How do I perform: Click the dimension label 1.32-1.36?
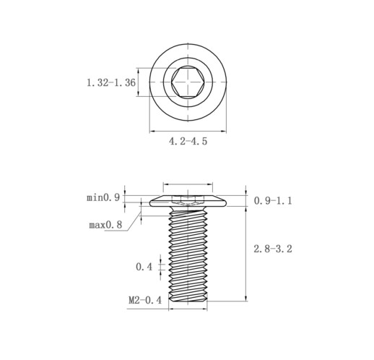pyautogui.click(x=111, y=83)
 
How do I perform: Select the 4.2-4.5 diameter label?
pyautogui.click(x=188, y=141)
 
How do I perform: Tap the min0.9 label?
pyautogui.click(x=103, y=198)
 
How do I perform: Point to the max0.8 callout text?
pyautogui.click(x=105, y=225)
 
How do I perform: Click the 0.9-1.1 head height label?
pyautogui.click(x=273, y=200)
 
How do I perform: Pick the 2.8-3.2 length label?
pyautogui.click(x=273, y=249)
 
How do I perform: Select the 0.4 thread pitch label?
pyautogui.click(x=144, y=267)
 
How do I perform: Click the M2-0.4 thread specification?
pyautogui.click(x=145, y=300)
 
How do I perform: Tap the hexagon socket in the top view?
pyautogui.click(x=188, y=82)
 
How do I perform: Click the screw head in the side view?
pyautogui.click(x=188, y=201)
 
